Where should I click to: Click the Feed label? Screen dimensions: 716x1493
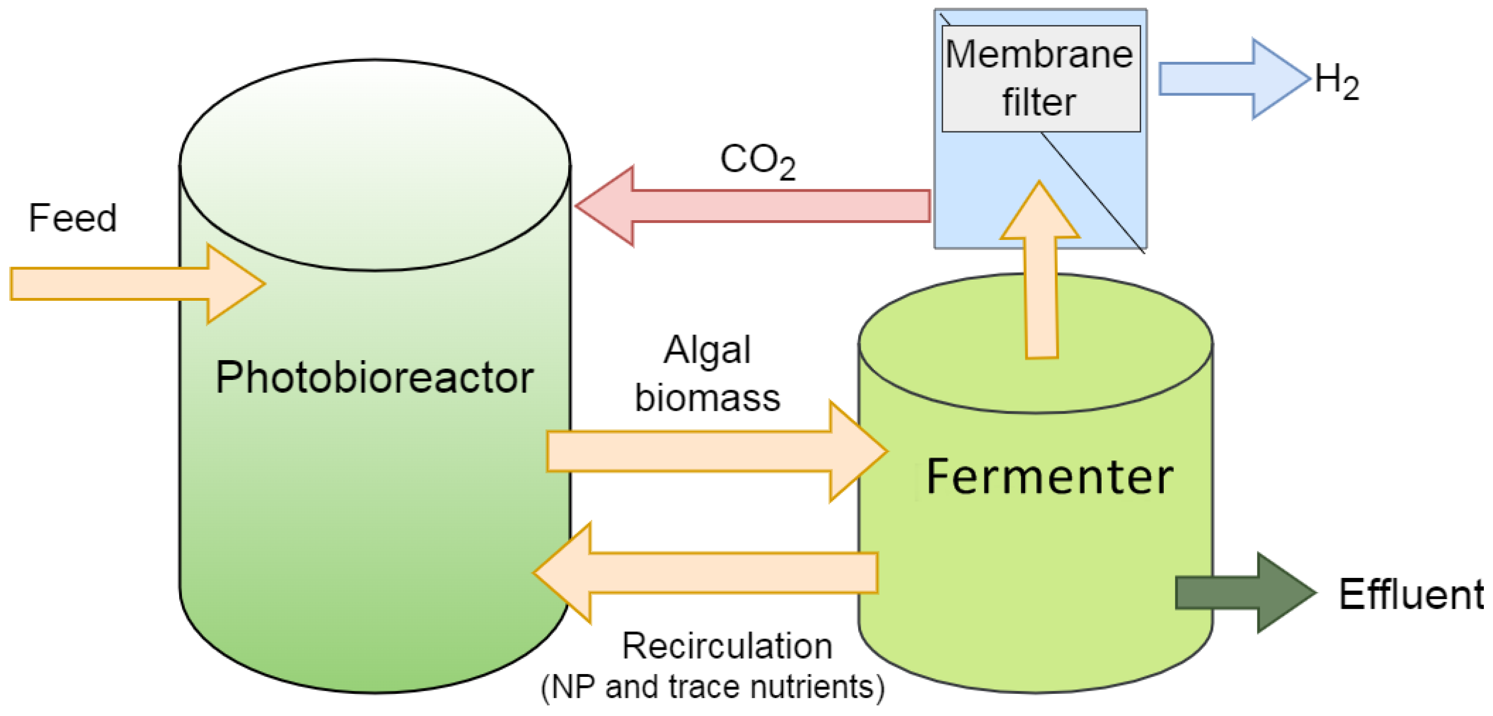pyautogui.click(x=72, y=219)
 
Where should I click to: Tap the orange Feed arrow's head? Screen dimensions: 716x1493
pyautogui.click(x=235, y=283)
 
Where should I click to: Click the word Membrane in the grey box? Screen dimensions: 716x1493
pyautogui.click(x=1039, y=55)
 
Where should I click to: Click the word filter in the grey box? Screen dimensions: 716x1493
pyautogui.click(x=1039, y=103)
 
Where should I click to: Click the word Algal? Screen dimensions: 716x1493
pyautogui.click(x=707, y=350)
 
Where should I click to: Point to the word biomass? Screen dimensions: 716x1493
pyautogui.click(x=707, y=398)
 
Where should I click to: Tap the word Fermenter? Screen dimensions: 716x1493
pyautogui.click(x=1049, y=477)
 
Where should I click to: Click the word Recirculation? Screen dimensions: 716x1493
pyautogui.click(x=727, y=646)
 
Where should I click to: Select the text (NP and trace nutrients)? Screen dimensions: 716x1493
pyautogui.click(x=712, y=687)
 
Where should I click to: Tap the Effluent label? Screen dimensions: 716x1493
pyautogui.click(x=1411, y=595)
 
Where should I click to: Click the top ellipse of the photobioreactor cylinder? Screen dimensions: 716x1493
pyautogui.click(x=375, y=165)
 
